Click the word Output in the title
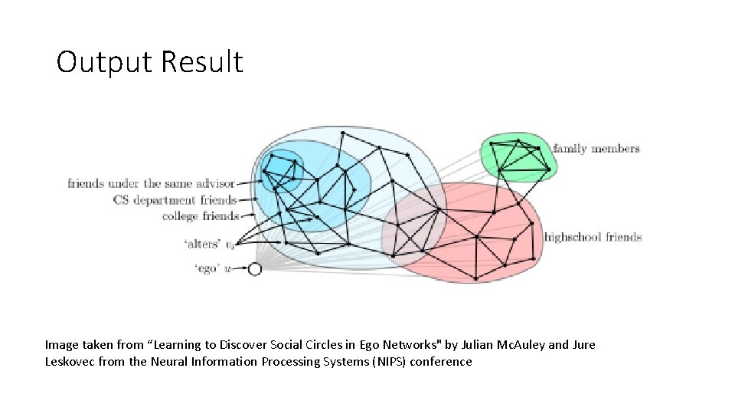click(x=104, y=62)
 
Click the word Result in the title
click(x=201, y=62)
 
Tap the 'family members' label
click(x=596, y=149)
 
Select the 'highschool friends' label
click(x=593, y=237)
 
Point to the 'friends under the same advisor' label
click(x=150, y=184)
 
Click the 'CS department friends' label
click(x=175, y=200)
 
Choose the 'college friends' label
click(x=201, y=216)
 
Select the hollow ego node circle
click(x=255, y=269)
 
